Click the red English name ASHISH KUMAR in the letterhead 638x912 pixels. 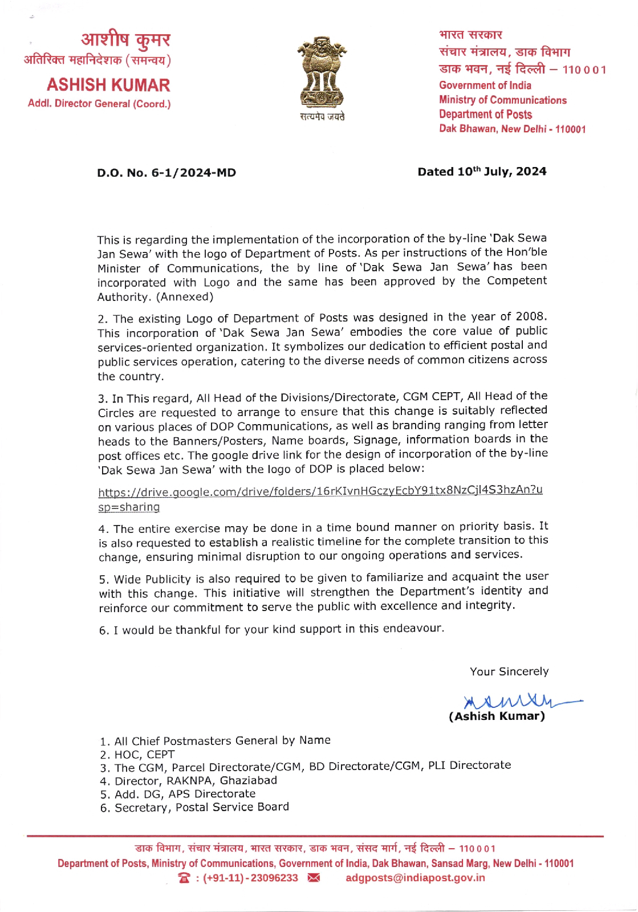coord(108,85)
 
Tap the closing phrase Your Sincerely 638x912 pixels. coord(509,671)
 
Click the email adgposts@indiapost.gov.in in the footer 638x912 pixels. coord(416,878)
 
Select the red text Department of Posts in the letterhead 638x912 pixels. coord(485,115)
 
